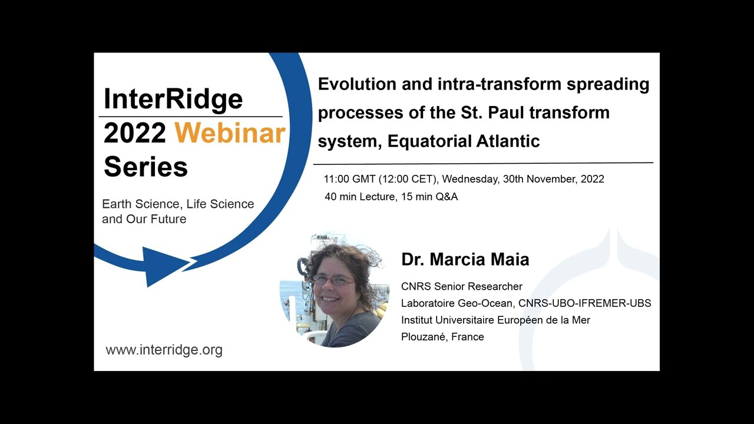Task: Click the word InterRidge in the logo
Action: pyautogui.click(x=173, y=98)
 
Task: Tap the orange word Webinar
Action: pyautogui.click(x=230, y=134)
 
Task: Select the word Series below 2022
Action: pyautogui.click(x=145, y=167)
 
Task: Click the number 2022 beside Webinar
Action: pyautogui.click(x=135, y=134)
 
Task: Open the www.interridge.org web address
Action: pyautogui.click(x=164, y=350)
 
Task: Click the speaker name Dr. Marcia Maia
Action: pyautogui.click(x=465, y=259)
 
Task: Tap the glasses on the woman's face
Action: pyautogui.click(x=333, y=280)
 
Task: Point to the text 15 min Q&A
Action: pyautogui.click(x=429, y=197)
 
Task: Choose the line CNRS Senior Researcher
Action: pyautogui.click(x=461, y=287)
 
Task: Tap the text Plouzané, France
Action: pyautogui.click(x=442, y=337)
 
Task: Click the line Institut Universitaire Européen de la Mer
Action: pyautogui.click(x=495, y=320)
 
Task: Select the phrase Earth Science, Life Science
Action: pyautogui.click(x=178, y=204)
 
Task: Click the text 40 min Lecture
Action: pyautogui.click(x=359, y=197)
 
